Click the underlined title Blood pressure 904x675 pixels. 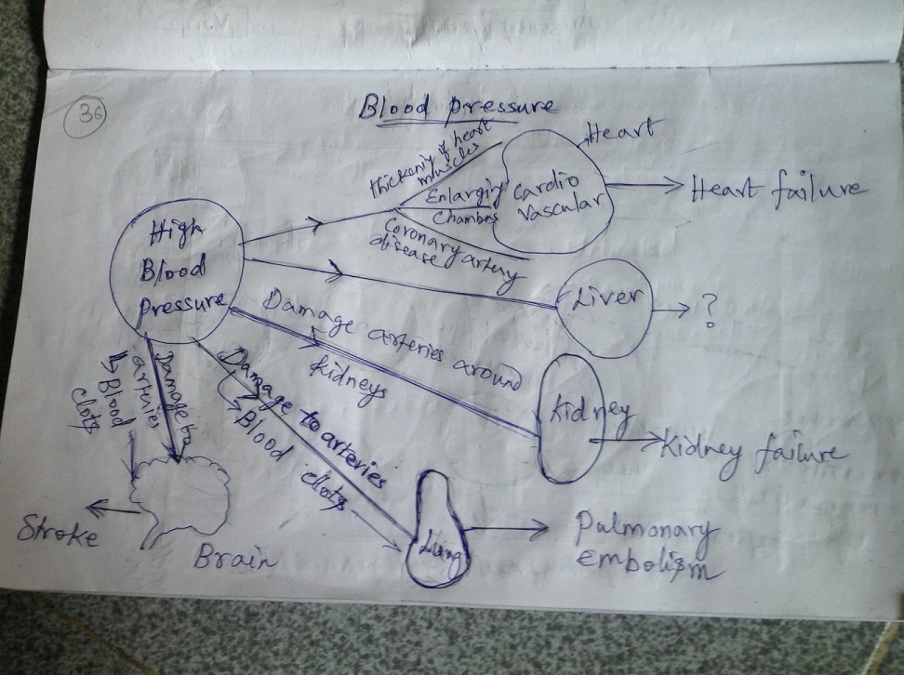click(x=456, y=107)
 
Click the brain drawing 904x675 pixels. click(x=181, y=497)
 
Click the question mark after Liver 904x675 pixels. click(x=709, y=311)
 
